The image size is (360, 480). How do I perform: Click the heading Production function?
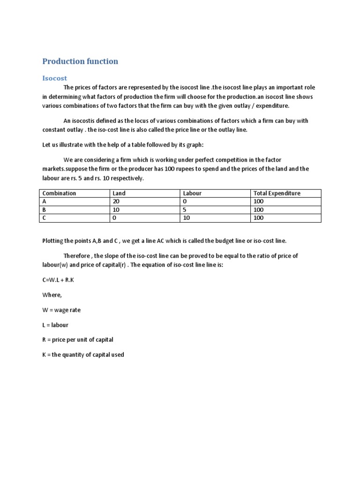(80, 61)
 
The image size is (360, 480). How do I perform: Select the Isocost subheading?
(55, 78)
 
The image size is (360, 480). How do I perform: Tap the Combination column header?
(59, 193)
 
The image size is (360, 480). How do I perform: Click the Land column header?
(119, 193)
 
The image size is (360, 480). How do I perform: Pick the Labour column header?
(192, 193)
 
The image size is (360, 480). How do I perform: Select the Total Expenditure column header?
(277, 193)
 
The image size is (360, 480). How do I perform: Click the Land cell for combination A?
(116, 202)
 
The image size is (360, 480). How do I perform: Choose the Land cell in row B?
(116, 210)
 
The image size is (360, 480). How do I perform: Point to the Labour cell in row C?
(186, 218)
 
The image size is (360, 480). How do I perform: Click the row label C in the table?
(45, 218)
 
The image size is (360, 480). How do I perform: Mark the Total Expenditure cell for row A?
(258, 202)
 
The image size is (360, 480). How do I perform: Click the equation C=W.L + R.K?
(59, 280)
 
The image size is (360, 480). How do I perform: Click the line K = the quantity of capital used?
(83, 355)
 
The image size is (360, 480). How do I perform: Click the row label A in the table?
(45, 202)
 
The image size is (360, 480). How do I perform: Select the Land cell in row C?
(114, 218)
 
